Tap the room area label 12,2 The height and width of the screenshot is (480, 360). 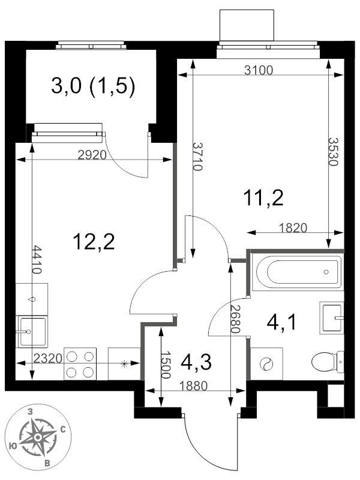93,242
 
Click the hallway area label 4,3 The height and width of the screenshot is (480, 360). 196,362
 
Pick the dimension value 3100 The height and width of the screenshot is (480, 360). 259,70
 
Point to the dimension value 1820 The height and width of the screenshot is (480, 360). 293,227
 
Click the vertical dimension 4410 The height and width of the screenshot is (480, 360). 37,259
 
